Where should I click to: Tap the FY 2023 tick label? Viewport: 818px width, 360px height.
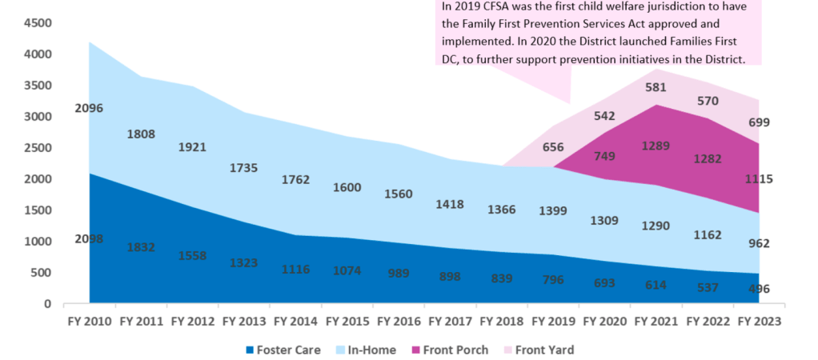(757, 322)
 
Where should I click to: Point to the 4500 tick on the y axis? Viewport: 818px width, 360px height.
(37, 23)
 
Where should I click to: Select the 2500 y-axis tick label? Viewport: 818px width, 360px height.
(37, 148)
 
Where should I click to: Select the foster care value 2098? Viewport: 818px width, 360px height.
(88, 238)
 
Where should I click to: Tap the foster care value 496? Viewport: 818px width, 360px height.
(758, 289)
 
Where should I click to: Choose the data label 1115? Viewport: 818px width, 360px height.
(757, 179)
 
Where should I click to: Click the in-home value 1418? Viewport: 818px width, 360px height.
(450, 204)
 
